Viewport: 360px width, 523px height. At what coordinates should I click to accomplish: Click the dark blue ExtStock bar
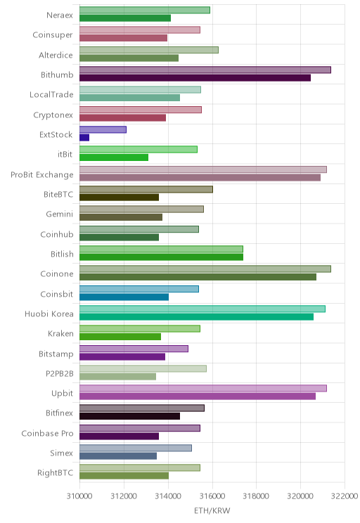[x=84, y=137]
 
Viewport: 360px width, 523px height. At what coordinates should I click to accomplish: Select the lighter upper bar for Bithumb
[x=205, y=70]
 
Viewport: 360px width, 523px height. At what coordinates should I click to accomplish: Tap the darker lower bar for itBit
[x=114, y=157]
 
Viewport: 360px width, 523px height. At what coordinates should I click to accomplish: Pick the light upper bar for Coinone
[x=205, y=269]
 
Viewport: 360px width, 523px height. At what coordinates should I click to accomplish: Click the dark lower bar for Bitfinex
[x=130, y=416]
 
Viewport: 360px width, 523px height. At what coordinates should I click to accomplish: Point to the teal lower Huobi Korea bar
[x=196, y=317]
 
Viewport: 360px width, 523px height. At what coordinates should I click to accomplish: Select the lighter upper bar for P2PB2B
[x=143, y=368]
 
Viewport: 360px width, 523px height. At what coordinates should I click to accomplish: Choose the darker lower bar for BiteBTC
[x=119, y=198]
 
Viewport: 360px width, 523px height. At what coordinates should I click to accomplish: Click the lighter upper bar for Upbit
[x=203, y=388]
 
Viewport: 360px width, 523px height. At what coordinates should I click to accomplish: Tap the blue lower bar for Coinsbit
[x=124, y=297]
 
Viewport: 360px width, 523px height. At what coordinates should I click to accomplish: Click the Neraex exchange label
[x=60, y=15]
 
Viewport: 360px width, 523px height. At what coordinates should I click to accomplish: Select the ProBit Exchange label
[x=42, y=174]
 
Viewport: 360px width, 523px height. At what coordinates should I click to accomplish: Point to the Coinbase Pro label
[x=47, y=433]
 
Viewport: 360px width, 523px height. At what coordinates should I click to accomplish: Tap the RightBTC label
[x=55, y=472]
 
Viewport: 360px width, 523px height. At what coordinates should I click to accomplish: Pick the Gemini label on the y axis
[x=59, y=214]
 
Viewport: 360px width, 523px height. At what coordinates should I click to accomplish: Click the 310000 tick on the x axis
[x=79, y=496]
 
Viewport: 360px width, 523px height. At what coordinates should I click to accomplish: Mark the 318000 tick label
[x=256, y=496]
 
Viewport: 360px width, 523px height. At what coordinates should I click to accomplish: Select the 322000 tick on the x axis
[x=345, y=496]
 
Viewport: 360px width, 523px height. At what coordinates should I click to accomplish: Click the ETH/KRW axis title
[x=212, y=510]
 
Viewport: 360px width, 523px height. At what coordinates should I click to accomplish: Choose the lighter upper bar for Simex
[x=136, y=448]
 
